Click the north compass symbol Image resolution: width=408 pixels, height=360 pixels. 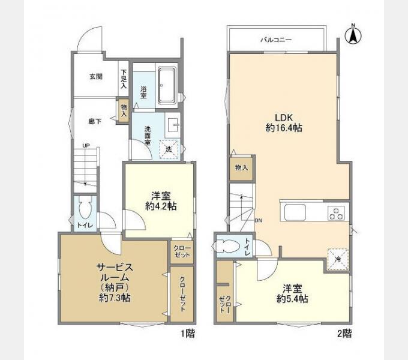[353, 35]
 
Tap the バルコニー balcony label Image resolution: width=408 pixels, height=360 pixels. [277, 40]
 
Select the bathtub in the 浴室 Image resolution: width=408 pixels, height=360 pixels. [167, 86]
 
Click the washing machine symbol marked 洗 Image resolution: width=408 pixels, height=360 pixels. [169, 149]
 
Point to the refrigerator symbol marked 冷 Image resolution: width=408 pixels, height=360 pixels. [338, 259]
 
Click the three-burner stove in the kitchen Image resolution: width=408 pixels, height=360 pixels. [336, 213]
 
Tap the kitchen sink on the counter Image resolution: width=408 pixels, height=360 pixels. [295, 212]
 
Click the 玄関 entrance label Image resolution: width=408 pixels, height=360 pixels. [96, 77]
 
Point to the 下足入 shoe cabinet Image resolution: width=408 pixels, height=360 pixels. [124, 79]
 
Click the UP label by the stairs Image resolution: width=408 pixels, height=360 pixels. [86, 146]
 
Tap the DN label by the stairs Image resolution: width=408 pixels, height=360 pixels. [259, 221]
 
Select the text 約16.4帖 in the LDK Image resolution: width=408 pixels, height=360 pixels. [284, 128]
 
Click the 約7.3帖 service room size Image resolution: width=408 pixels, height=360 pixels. [115, 298]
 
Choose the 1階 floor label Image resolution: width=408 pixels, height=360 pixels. [188, 334]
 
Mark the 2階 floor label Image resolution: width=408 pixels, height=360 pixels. [344, 334]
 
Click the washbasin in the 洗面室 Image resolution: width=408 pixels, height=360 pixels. [173, 125]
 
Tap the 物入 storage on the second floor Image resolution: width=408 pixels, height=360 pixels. [241, 168]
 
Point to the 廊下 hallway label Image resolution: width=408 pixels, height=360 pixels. [95, 121]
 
